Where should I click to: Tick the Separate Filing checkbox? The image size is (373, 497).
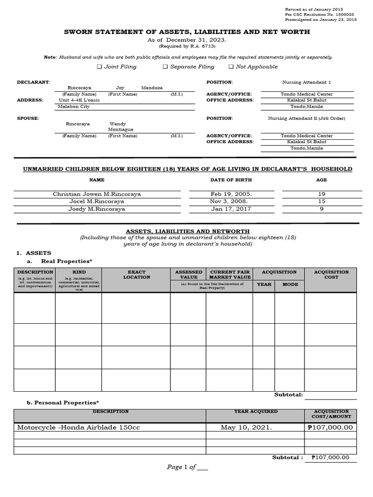(x=165, y=67)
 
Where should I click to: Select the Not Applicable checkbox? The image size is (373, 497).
(x=231, y=67)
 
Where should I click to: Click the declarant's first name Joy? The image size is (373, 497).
(x=120, y=88)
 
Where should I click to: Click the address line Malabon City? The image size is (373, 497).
(x=74, y=106)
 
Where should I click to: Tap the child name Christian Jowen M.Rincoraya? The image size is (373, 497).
(x=97, y=194)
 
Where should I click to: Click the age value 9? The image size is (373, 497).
(x=322, y=209)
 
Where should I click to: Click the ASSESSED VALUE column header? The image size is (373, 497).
(x=188, y=275)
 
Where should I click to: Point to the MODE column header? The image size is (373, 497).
(x=290, y=284)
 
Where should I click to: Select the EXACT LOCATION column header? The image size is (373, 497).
(x=136, y=275)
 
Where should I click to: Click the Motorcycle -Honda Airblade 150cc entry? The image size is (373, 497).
(x=82, y=428)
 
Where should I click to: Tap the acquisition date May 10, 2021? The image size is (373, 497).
(x=246, y=428)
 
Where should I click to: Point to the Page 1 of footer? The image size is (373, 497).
(x=187, y=467)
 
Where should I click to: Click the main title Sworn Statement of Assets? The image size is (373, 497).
(x=187, y=32)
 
